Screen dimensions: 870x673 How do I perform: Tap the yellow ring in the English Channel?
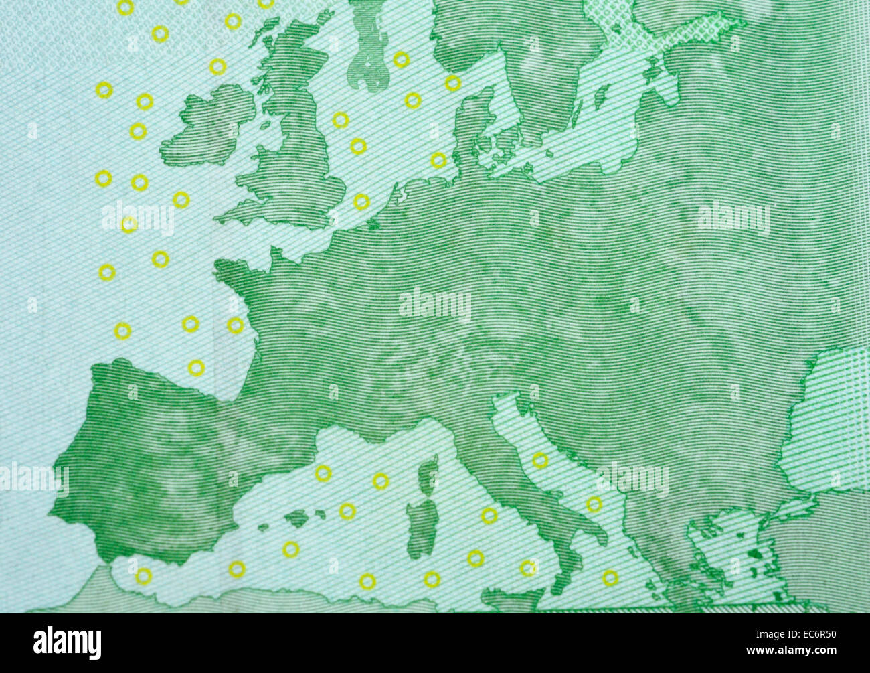[x=361, y=201]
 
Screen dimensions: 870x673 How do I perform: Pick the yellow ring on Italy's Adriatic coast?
[x=540, y=460]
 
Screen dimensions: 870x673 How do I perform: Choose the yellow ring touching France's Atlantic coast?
[x=236, y=325]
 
